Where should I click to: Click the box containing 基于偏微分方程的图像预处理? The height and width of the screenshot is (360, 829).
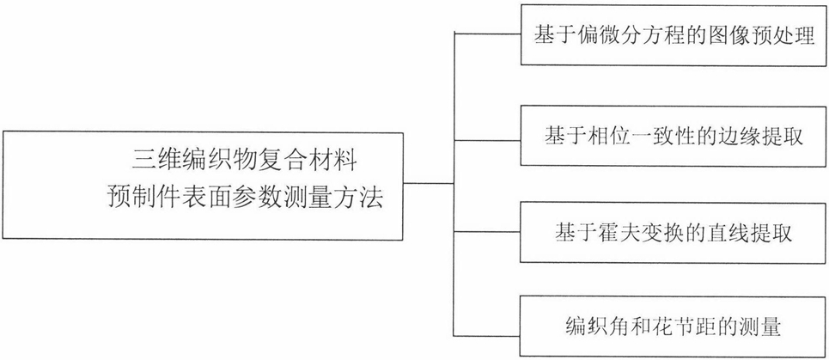point(674,35)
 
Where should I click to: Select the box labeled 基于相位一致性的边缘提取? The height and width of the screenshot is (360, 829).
point(674,136)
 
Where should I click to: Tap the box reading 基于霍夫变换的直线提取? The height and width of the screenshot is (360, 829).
point(674,232)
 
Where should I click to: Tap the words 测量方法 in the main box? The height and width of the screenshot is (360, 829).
point(338,200)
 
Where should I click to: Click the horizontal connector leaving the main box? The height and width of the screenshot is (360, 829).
point(429,183)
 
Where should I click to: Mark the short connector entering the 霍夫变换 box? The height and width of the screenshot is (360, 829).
point(487,232)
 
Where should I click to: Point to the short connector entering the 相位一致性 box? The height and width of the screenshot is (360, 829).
point(487,141)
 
